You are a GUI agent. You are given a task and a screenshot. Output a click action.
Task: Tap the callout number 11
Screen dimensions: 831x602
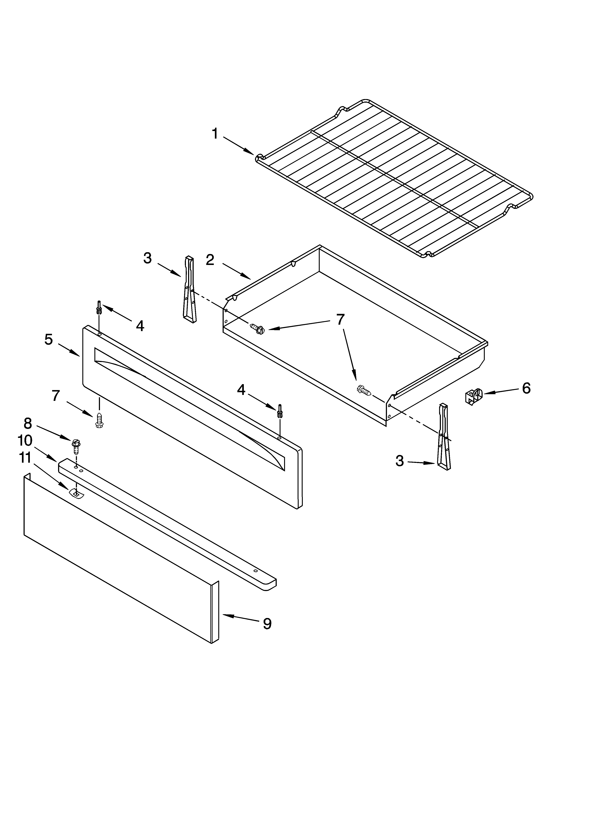point(25,458)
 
